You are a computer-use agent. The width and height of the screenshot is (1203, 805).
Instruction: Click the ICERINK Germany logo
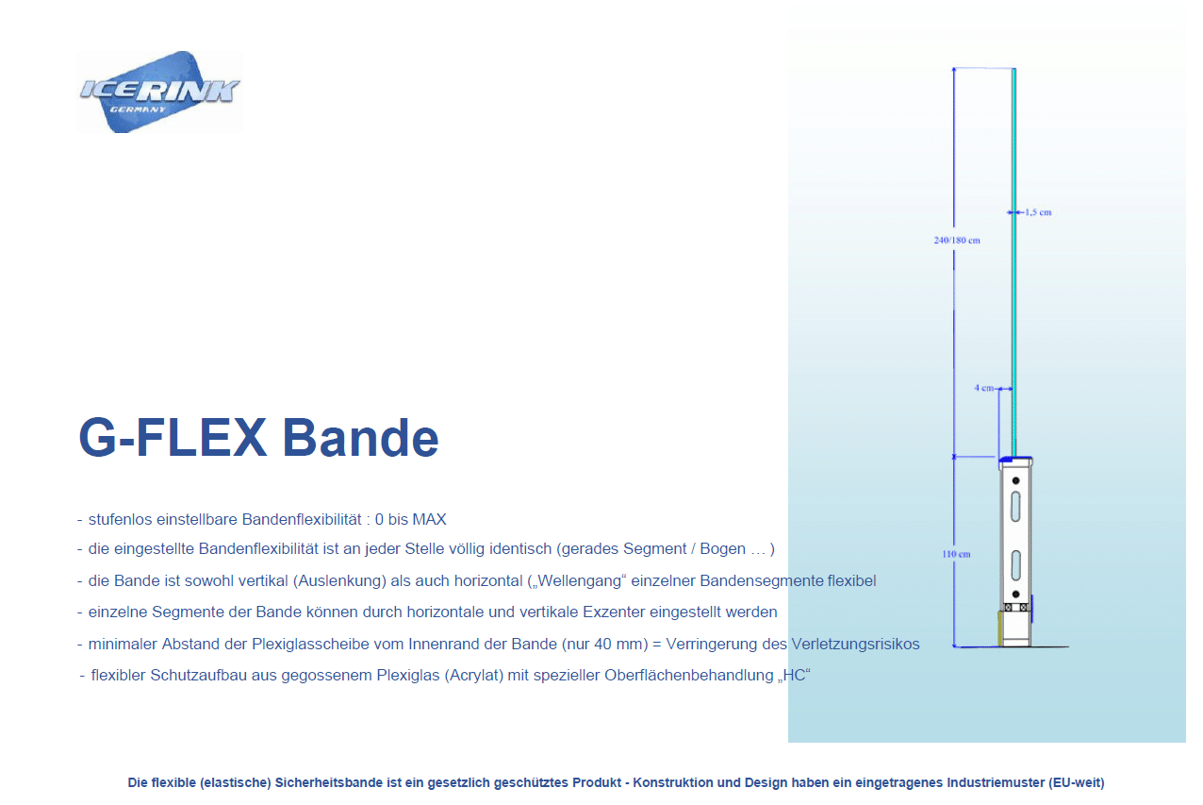click(x=159, y=92)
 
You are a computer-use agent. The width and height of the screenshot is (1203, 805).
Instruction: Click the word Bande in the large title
click(x=360, y=438)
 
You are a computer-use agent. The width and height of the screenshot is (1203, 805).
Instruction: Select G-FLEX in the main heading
click(x=173, y=437)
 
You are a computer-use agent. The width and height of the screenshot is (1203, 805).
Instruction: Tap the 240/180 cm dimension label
click(x=957, y=241)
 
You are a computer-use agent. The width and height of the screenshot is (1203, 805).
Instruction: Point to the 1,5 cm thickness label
click(x=1038, y=212)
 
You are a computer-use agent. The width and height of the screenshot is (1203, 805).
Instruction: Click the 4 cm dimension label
click(x=984, y=388)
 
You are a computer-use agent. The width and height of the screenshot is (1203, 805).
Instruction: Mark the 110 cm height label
click(x=956, y=554)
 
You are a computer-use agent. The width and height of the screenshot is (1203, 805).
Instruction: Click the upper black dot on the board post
click(x=1015, y=480)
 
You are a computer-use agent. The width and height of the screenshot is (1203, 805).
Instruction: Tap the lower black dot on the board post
click(x=1015, y=595)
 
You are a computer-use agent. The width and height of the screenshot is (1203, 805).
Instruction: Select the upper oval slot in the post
click(x=1015, y=507)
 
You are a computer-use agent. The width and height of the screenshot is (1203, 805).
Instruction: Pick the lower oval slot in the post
click(x=1015, y=565)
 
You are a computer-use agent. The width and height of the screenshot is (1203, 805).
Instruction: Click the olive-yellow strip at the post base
click(x=1000, y=629)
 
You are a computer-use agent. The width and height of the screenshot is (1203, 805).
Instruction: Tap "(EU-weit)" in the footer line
click(x=1077, y=783)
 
